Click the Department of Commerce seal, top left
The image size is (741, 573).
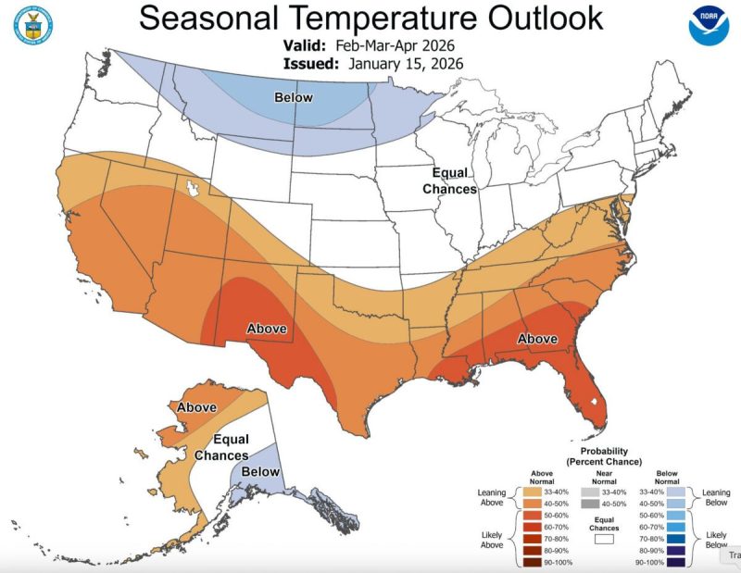coord(31,26)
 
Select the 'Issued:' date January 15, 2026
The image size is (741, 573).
coord(406,63)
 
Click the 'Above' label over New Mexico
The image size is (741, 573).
coord(266,329)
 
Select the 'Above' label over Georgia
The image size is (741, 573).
coord(536,340)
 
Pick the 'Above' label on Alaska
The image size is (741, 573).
coord(196,407)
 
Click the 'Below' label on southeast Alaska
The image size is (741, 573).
coord(260,472)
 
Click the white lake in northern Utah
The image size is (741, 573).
coord(194,189)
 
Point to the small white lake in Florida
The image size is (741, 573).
coord(594,402)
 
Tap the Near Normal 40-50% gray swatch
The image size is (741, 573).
coord(590,504)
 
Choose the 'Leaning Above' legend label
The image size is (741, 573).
coord(492,498)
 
